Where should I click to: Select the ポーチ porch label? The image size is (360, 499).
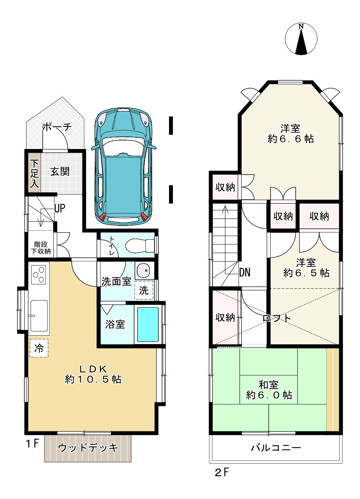coord(56,127)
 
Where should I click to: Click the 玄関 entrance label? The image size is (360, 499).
coord(60,171)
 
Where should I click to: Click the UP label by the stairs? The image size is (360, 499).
coord(59,208)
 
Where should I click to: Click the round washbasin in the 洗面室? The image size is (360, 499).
coord(144,271)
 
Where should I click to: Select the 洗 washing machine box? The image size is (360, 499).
coord(144,291)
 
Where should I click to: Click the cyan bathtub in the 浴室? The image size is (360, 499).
coord(148,324)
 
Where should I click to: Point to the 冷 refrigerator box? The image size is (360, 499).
coord(39,348)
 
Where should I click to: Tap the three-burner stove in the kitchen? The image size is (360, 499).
coord(38,275)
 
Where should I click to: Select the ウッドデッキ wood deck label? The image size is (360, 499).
coord(88,448)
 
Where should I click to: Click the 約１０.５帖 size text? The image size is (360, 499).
coord(93,379)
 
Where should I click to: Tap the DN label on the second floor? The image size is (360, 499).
coord(245,272)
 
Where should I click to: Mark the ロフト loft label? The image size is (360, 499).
coord(277,318)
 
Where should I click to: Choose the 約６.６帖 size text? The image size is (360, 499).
coord(291,139)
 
